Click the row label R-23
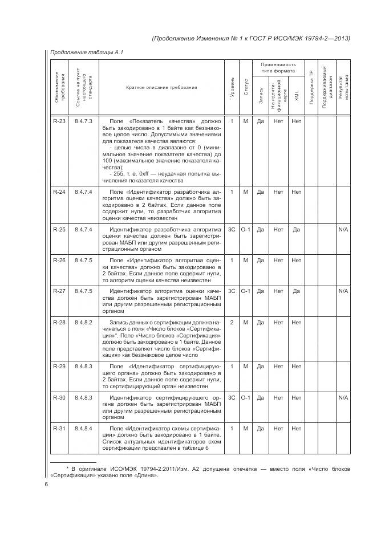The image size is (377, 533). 59,121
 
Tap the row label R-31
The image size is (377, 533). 59,428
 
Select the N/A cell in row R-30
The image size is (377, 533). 343,397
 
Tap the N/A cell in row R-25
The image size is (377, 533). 343,230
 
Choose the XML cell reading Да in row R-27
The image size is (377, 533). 296,291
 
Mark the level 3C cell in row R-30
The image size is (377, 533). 232,397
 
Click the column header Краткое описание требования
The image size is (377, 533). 161,87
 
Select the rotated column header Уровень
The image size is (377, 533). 232,87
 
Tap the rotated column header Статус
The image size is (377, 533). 246,87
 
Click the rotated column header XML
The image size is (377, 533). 296,95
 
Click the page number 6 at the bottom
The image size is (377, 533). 46,485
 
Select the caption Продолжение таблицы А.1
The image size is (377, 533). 87,52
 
